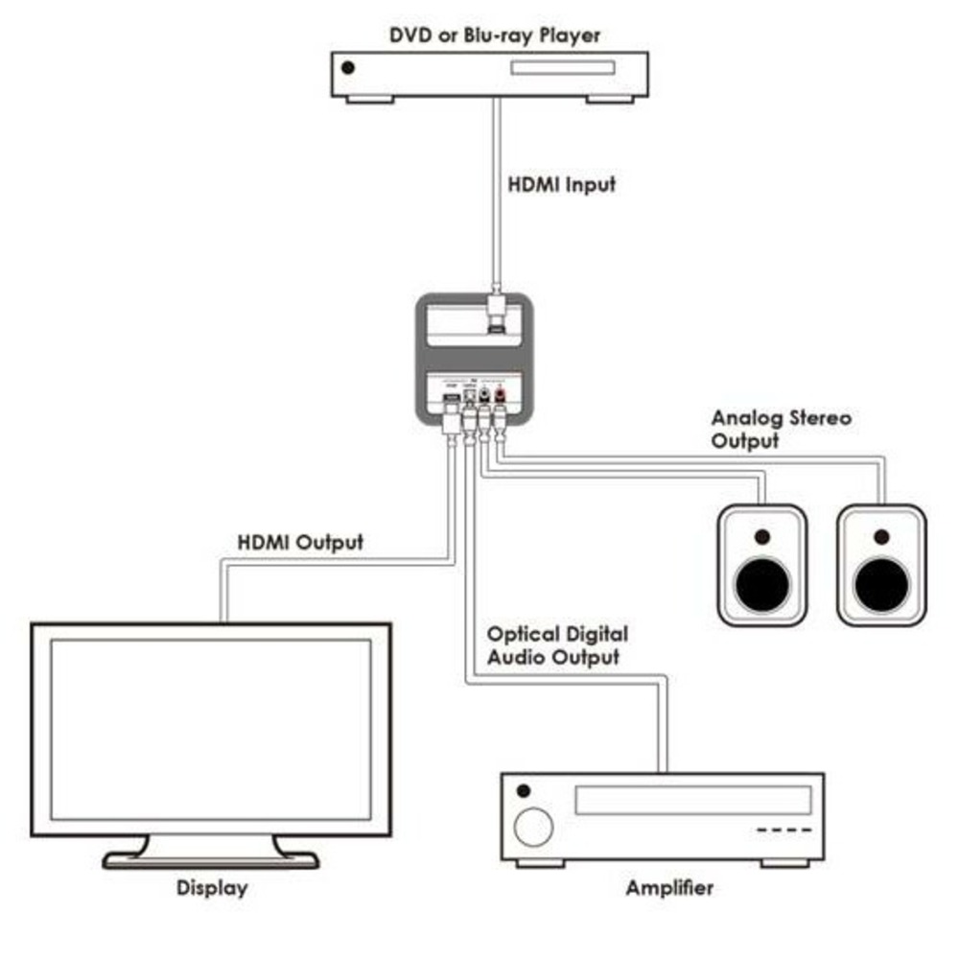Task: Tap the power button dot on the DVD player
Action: pos(348,68)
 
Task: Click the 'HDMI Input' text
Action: pos(561,184)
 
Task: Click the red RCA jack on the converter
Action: pos(499,390)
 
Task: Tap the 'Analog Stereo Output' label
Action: pos(781,430)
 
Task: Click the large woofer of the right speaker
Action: pos(881,580)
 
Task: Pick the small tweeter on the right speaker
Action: pos(881,536)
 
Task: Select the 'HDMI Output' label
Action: pos(300,543)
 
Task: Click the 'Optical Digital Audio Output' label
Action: pos(557,645)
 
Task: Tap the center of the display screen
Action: pos(210,729)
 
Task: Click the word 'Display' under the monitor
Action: pos(212,888)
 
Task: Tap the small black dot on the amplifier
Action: pos(523,791)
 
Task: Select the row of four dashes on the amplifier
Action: pos(784,830)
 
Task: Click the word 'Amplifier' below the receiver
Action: pos(669,888)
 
